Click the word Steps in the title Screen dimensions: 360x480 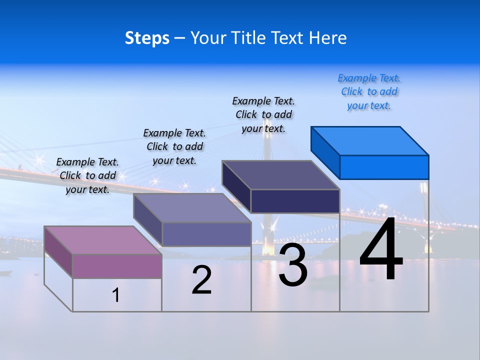(x=147, y=38)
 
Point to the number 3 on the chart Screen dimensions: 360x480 (x=292, y=265)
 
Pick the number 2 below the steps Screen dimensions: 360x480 (x=201, y=280)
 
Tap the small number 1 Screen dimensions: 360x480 (x=116, y=295)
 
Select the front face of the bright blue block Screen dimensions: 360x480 (x=384, y=167)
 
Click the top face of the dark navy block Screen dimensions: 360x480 (x=281, y=175)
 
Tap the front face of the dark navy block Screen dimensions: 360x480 (x=295, y=201)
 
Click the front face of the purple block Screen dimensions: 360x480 (x=117, y=266)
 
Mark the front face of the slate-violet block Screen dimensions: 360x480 (x=206, y=234)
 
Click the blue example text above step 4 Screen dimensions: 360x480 (x=369, y=92)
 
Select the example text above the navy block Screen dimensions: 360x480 (x=263, y=114)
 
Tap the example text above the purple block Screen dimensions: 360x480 (x=87, y=175)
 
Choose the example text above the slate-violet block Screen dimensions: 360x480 (x=174, y=146)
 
